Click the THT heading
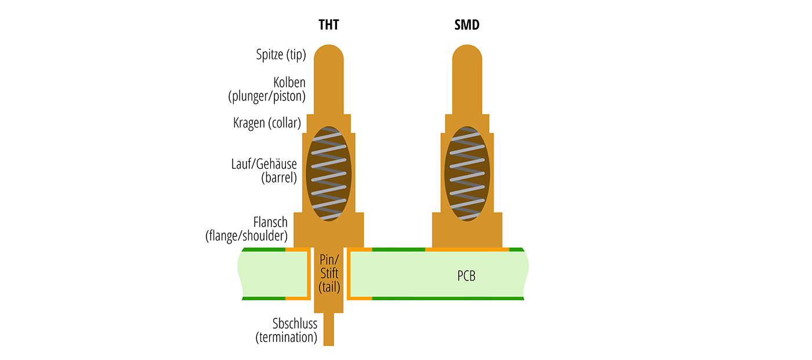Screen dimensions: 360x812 [328, 26]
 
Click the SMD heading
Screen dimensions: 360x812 [467, 26]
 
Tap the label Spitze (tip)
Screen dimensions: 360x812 [281, 55]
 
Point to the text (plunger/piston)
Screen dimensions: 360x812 [267, 96]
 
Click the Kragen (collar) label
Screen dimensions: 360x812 [267, 123]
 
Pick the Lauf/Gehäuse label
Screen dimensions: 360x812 [264, 164]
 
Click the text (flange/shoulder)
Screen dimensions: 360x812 [246, 236]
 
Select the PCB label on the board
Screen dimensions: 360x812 [466, 276]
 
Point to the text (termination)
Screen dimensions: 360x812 [287, 337]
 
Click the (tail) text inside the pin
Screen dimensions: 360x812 [329, 287]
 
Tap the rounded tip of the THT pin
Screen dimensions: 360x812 [329, 58]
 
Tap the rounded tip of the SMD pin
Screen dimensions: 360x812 [467, 58]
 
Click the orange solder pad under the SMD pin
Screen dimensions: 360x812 [467, 249]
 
